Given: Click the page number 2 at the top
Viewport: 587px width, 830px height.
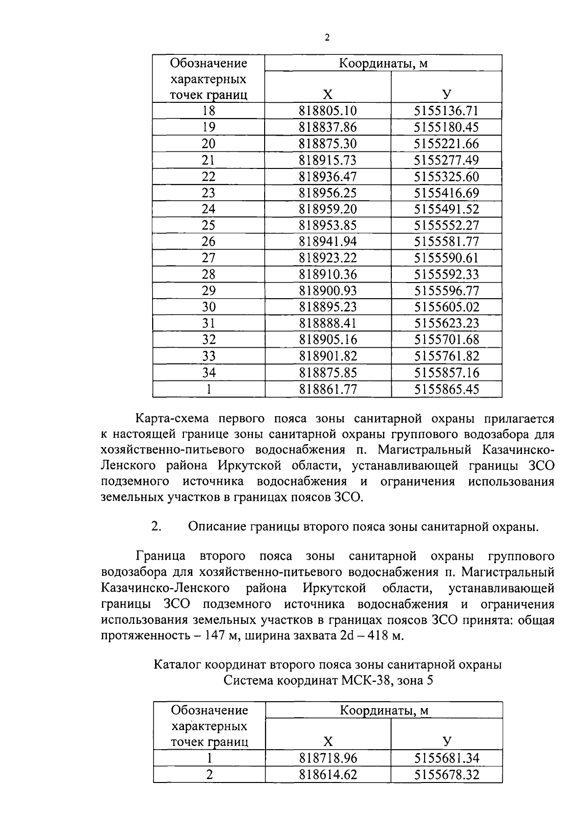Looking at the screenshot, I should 327,38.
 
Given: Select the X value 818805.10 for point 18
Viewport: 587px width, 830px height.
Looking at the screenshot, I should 328,111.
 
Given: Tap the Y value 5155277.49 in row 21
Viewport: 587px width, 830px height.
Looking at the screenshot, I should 446,160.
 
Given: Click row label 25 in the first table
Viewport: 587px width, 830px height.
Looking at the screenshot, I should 208,225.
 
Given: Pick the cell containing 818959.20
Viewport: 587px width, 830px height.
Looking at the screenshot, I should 328,209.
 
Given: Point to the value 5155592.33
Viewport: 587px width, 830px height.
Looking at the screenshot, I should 446,274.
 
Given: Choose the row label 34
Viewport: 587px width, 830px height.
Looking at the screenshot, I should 208,373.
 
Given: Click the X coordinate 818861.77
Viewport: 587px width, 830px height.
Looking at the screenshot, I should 328,389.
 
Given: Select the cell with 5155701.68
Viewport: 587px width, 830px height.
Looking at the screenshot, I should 446,339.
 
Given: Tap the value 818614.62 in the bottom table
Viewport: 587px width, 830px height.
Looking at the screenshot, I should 328,774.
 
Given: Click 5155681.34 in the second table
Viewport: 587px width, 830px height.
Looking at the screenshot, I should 446,758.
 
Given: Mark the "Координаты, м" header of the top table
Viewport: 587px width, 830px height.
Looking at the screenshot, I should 384,63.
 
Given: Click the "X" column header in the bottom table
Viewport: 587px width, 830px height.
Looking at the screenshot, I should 328,741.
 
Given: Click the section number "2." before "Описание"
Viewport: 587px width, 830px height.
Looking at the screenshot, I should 157,526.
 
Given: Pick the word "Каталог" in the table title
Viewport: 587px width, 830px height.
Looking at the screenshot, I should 177,665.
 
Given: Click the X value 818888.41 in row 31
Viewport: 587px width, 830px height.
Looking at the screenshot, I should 328,323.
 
